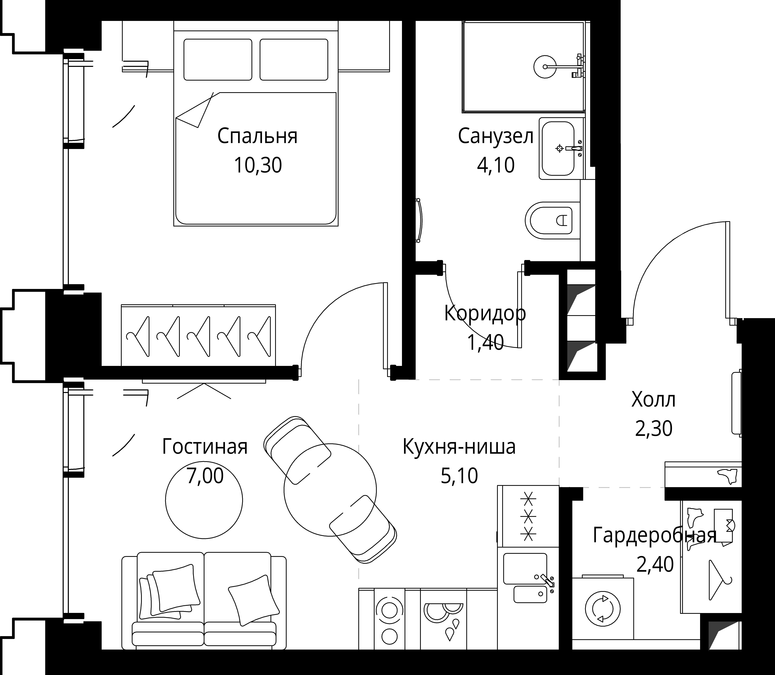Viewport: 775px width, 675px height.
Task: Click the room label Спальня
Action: coord(257,136)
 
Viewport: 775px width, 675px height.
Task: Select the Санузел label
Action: coord(495,136)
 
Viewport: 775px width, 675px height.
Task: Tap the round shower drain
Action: coord(545,67)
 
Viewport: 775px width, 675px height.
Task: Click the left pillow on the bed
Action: coord(218,60)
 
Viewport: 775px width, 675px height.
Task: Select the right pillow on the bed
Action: coord(294,60)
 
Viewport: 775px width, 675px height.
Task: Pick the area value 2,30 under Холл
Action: coord(654,429)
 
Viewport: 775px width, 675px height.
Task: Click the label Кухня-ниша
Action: coord(459,447)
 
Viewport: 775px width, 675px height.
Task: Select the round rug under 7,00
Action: coord(204,500)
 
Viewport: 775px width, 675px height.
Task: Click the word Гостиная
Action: coord(205,447)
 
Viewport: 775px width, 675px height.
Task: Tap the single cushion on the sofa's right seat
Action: coord(254,600)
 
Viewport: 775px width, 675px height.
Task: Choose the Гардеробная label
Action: coord(654,536)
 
